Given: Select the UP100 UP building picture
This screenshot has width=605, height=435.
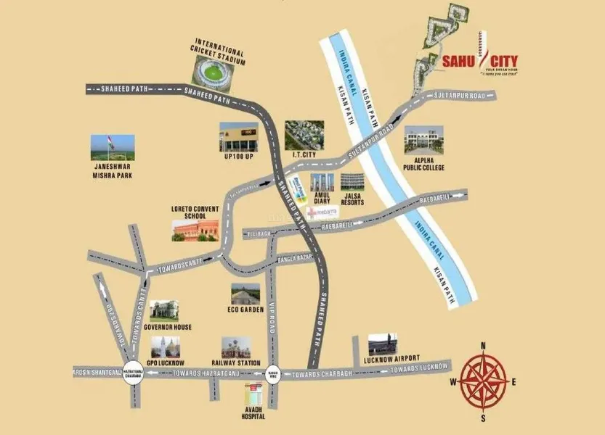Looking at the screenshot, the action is [239, 136].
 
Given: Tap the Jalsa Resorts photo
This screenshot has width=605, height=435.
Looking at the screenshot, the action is [353, 183].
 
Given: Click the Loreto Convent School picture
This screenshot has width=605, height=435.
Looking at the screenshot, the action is [195, 231].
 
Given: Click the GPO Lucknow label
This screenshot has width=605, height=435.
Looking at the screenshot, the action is [166, 362].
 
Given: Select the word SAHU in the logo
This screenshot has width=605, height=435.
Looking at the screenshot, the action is [460, 61].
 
